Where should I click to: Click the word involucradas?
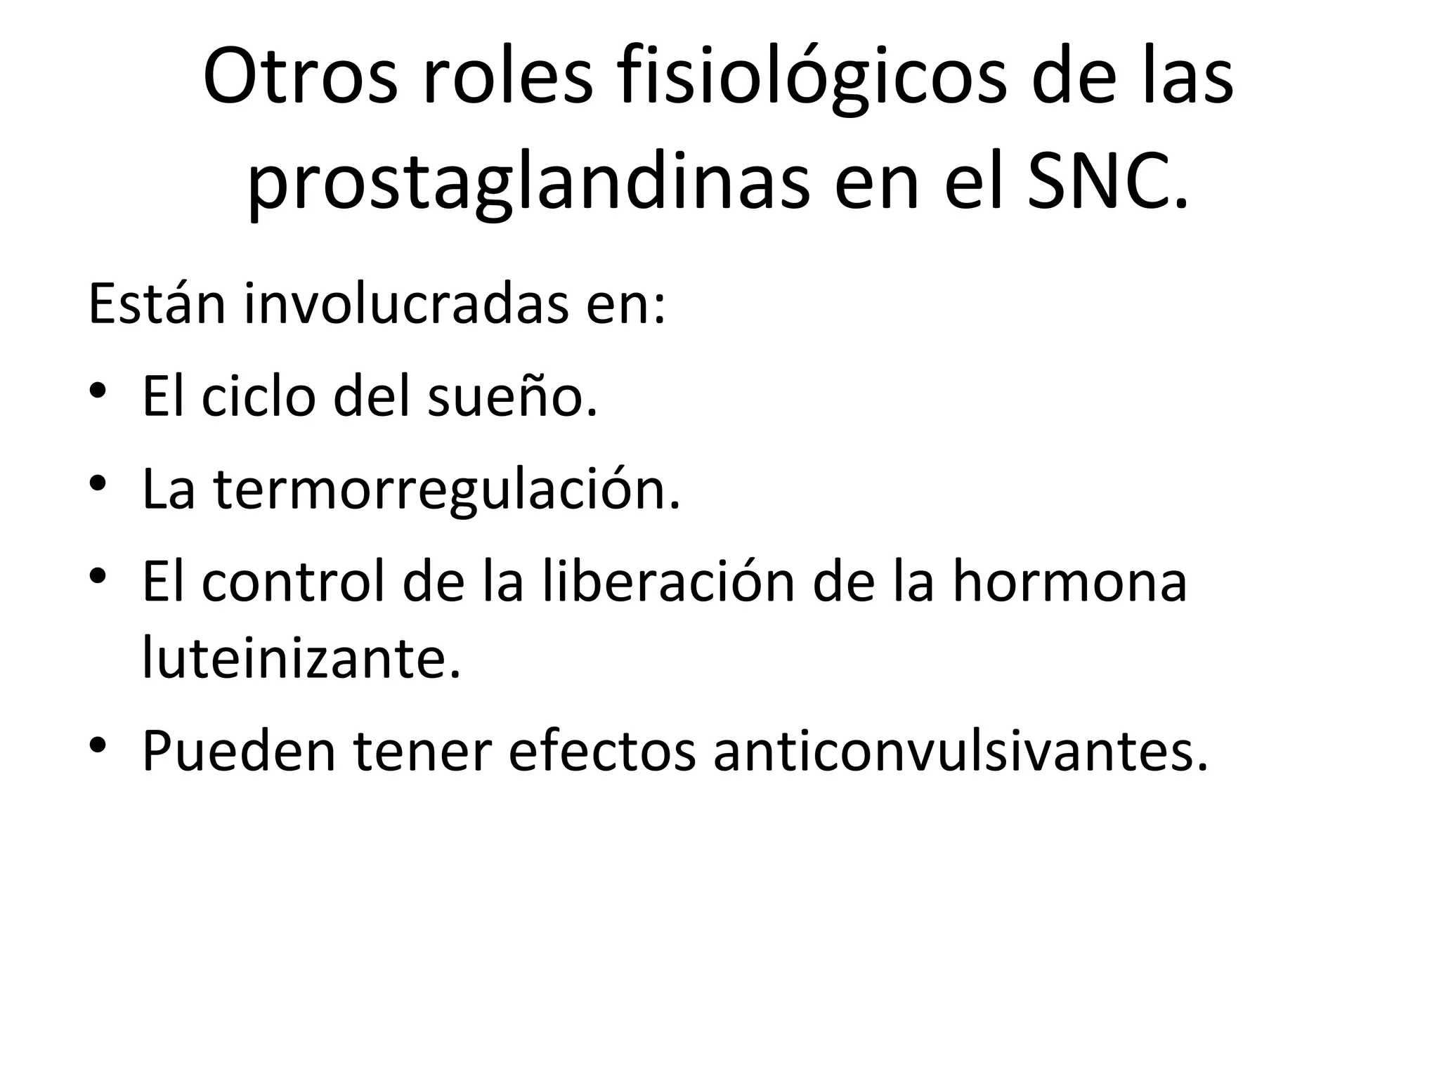[406, 304]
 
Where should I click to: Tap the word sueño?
[512, 396]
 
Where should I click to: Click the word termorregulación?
[447, 490]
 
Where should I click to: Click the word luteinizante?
[301, 658]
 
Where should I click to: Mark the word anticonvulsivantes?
[961, 751]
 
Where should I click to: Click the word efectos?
[601, 751]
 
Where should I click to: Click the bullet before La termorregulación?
[98, 483]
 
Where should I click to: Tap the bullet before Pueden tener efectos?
[98, 745]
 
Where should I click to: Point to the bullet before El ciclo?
[98, 390]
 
